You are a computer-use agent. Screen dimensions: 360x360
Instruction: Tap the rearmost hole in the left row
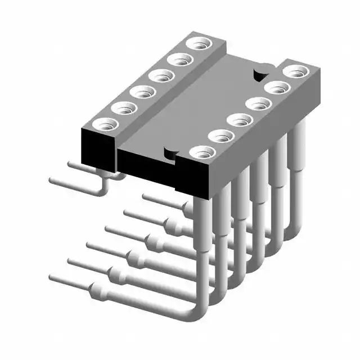[196, 44]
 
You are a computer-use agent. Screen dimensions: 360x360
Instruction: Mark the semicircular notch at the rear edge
[260, 74]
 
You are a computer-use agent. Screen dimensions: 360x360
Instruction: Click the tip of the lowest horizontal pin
[52, 278]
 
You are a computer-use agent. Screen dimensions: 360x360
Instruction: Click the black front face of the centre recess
[152, 169]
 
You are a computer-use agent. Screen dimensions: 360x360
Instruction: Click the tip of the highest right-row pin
[145, 196]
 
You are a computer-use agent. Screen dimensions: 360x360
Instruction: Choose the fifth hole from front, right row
[276, 88]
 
